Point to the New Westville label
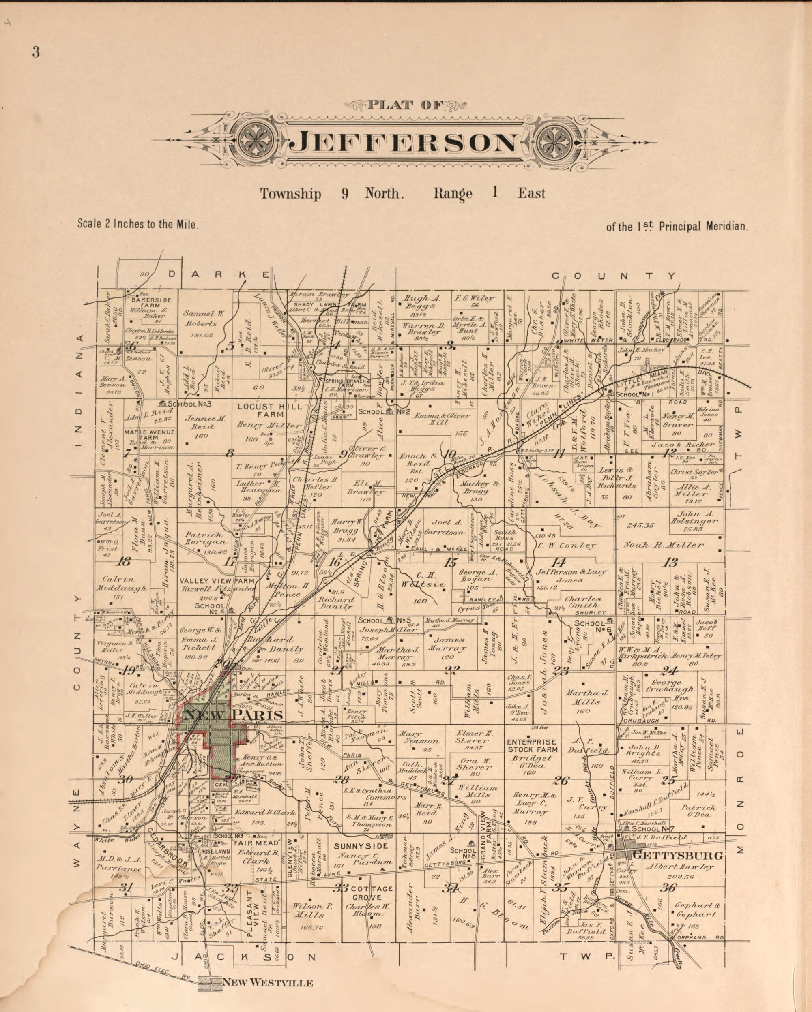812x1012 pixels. [x=267, y=982]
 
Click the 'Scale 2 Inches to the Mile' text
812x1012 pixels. [x=138, y=224]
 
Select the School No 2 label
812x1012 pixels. [x=385, y=412]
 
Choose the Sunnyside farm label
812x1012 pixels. [x=361, y=846]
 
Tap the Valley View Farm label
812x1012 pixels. [x=217, y=581]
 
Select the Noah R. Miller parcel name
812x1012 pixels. [x=663, y=545]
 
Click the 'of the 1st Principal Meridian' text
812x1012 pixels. [x=676, y=227]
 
